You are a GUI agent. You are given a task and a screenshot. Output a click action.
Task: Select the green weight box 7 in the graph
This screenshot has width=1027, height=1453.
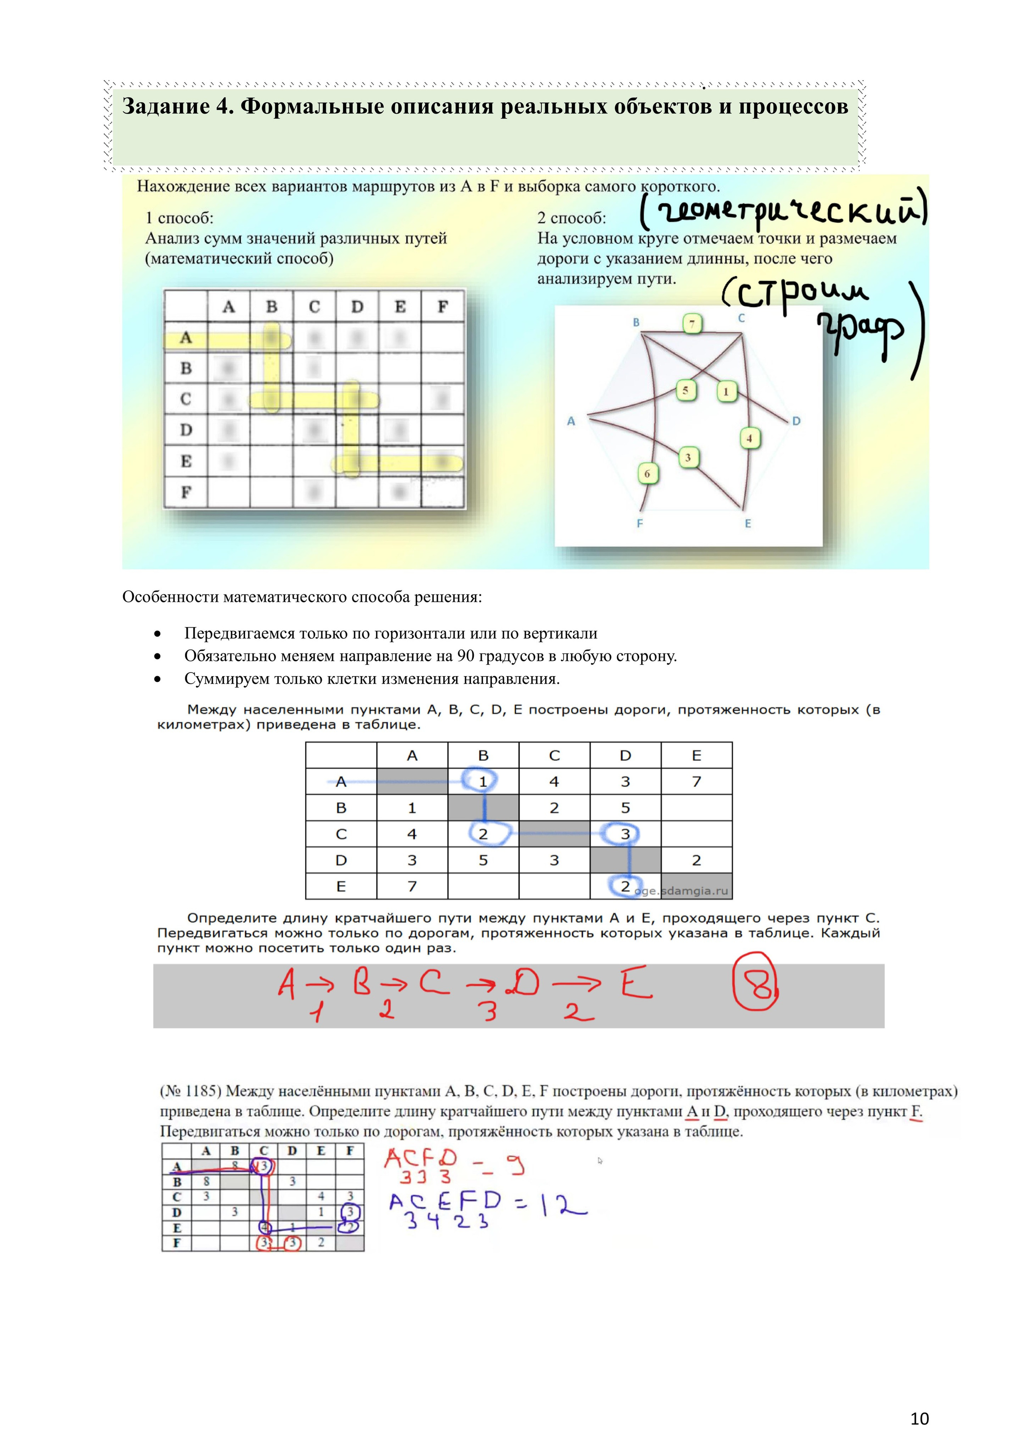coord(692,324)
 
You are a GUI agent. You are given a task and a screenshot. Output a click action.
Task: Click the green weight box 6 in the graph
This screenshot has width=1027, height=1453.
coord(647,473)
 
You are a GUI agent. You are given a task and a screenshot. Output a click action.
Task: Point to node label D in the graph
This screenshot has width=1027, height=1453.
coord(796,421)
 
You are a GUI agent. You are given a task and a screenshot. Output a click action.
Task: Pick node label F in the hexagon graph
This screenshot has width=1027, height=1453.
coord(640,523)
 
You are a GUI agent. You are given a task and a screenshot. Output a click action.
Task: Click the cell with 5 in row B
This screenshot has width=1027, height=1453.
coord(625,808)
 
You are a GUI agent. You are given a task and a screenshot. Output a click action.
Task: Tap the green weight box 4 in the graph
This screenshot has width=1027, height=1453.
coord(749,438)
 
